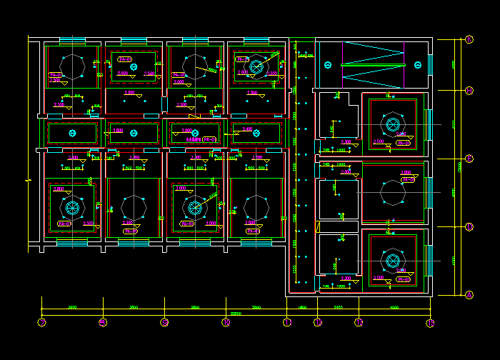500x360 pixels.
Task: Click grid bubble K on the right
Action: (x=469, y=39)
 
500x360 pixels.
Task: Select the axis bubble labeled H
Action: (x=469, y=90)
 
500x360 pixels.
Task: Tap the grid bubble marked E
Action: (x=469, y=159)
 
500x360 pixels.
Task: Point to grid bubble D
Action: (x=469, y=227)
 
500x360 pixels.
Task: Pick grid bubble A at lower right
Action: (x=469, y=295)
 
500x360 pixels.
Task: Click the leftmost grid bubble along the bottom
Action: (x=41, y=323)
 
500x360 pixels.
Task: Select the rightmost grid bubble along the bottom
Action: (x=431, y=323)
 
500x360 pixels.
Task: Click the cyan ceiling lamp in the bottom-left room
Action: (x=71, y=208)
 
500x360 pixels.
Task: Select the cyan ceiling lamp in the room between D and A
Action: (x=392, y=260)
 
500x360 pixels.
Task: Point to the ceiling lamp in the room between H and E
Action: (x=392, y=124)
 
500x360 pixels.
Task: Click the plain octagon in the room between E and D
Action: (x=392, y=192)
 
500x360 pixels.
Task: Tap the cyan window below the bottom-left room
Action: (x=71, y=243)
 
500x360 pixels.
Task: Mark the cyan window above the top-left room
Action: (x=71, y=41)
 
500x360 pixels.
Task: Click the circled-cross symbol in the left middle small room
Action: (x=71, y=133)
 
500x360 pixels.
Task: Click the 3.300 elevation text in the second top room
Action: (x=129, y=93)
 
